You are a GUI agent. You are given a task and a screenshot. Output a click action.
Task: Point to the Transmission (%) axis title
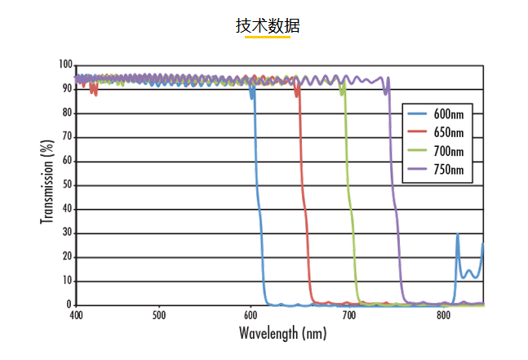pyautogui.click(x=47, y=181)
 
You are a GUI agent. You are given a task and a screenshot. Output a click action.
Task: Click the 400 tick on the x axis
pyautogui.click(x=76, y=314)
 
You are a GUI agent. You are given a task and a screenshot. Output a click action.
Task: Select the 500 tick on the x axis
pyautogui.click(x=159, y=314)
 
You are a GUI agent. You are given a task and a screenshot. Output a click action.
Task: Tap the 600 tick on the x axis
pyautogui.click(x=254, y=314)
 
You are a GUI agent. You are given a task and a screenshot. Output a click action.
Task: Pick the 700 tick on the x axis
pyautogui.click(x=348, y=314)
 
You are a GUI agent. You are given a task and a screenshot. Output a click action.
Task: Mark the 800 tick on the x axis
pyautogui.click(x=443, y=314)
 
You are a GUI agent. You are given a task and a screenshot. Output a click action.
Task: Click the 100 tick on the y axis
pyautogui.click(x=65, y=64)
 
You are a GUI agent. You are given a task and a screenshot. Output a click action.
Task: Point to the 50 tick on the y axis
pyautogui.click(x=68, y=184)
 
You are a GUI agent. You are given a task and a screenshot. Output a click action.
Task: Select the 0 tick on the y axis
pyautogui.click(x=70, y=304)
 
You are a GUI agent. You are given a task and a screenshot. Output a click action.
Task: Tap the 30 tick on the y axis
pyautogui.click(x=68, y=233)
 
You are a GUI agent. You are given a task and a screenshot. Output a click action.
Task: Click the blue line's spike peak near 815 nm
pyautogui.click(x=457, y=234)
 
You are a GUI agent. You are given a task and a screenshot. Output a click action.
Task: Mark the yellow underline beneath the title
pyautogui.click(x=268, y=37)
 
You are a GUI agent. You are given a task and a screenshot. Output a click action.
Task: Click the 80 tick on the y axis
pyautogui.click(x=68, y=113)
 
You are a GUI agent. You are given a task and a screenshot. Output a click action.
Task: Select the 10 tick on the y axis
pyautogui.click(x=68, y=281)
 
